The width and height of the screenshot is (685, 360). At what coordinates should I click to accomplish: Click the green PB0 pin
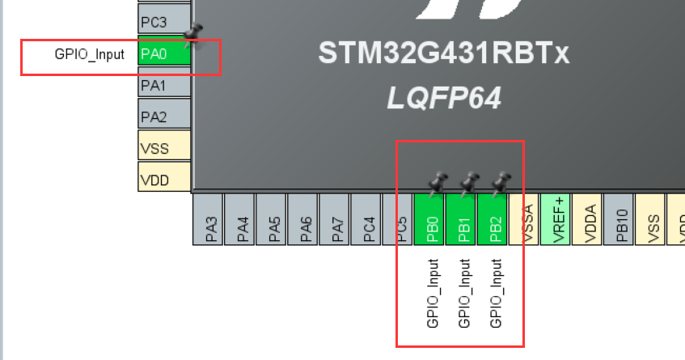[x=430, y=219]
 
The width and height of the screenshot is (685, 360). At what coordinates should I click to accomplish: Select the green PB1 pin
[x=463, y=219]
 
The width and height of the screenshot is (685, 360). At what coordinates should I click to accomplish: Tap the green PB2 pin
[x=494, y=219]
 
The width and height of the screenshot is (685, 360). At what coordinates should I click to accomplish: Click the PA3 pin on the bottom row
[x=209, y=219]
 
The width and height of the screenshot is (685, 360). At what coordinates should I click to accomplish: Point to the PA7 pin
[x=336, y=219]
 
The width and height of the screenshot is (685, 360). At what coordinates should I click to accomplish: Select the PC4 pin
[x=368, y=219]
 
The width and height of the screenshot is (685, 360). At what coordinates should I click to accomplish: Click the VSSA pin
[x=526, y=219]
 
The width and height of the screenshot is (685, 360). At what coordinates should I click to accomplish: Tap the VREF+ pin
[x=557, y=219]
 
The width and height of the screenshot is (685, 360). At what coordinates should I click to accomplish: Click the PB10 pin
[x=620, y=219]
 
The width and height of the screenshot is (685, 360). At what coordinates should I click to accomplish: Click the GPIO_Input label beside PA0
[x=90, y=54]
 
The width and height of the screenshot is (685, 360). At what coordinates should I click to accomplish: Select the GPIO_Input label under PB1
[x=463, y=293]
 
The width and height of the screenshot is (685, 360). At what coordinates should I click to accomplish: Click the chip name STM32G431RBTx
[x=443, y=54]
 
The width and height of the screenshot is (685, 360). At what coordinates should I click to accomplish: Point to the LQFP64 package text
[x=443, y=99]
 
